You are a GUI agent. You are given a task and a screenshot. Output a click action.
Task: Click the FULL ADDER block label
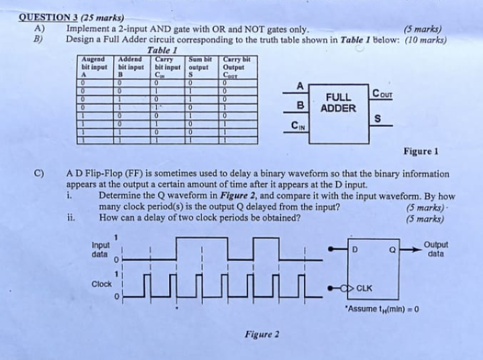pos(338,103)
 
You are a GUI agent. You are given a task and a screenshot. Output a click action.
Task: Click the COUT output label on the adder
pos(384,93)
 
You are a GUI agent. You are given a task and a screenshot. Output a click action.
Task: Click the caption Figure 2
pos(262,333)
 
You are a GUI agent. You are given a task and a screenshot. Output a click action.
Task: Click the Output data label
pos(437,249)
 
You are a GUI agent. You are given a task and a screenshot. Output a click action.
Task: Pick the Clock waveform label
pos(102,284)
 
